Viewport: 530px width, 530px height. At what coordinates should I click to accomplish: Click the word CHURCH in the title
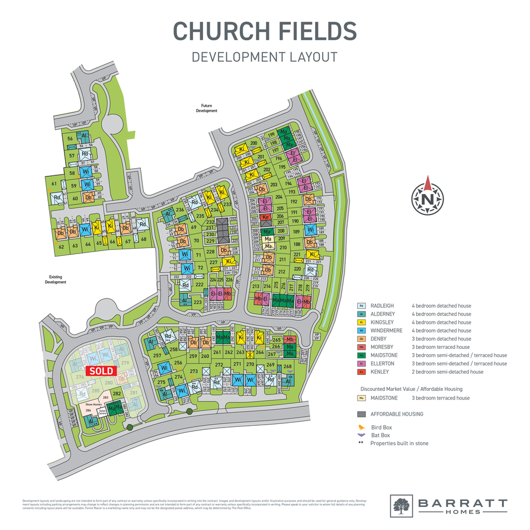pos(220,31)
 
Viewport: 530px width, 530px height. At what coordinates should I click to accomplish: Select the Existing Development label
pos(55,280)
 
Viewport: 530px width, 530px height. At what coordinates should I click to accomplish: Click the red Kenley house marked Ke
pos(265,217)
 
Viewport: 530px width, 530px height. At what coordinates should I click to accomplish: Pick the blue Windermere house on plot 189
pos(309,231)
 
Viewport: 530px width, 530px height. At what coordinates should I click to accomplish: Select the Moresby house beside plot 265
pos(290,340)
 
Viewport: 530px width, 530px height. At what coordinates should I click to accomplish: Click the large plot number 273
pos(194,371)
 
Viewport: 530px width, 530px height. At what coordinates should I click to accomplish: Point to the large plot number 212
pos(282,272)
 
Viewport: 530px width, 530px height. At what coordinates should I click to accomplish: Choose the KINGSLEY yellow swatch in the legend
pos(361,322)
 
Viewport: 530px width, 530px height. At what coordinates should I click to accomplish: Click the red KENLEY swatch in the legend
pos(361,372)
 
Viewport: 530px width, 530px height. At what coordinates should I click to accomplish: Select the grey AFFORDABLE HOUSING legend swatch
pos(361,414)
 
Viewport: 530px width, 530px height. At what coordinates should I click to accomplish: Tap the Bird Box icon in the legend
pos(361,426)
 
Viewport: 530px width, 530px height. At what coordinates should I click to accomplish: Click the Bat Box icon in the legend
pos(361,435)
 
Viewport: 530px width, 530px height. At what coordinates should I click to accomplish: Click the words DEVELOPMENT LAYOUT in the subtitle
pos(265,57)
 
